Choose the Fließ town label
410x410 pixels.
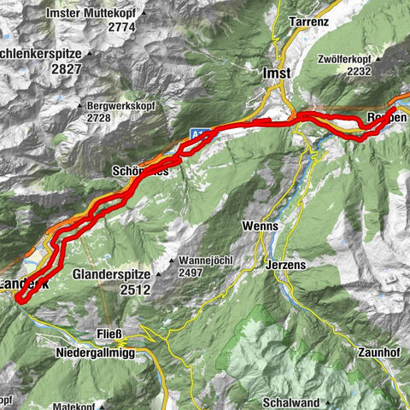tap(111, 334)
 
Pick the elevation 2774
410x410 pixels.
tap(121, 27)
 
